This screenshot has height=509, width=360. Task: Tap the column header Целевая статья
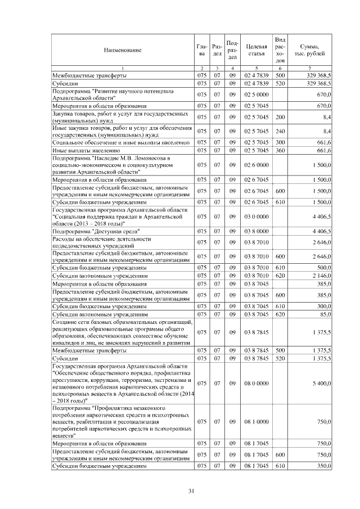pos(256,50)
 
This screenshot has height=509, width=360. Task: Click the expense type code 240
pos(280,131)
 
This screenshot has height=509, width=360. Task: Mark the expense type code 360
pos(280,151)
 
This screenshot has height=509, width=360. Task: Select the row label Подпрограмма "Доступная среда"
pos(96,231)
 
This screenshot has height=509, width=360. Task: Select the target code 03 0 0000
pos(256,216)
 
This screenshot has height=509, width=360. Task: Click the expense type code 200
pos(280,118)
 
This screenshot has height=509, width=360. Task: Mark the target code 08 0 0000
pos(256,383)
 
